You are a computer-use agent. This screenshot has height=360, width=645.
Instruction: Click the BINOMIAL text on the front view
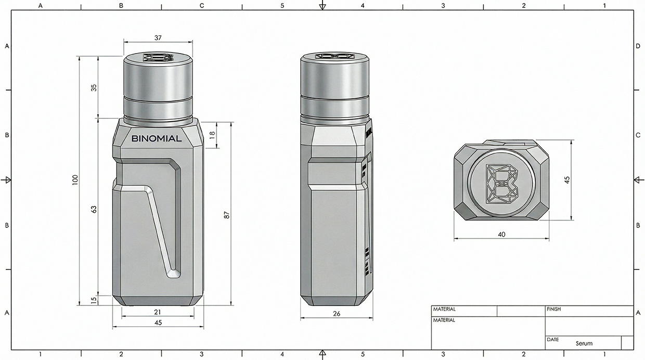tap(157, 139)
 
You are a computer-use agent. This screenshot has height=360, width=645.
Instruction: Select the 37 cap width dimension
tap(158, 37)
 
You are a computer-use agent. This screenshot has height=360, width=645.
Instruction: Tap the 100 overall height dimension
tap(75, 181)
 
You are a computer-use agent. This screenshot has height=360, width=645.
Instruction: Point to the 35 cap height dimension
tap(94, 87)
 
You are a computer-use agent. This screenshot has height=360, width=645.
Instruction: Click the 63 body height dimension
tap(94, 209)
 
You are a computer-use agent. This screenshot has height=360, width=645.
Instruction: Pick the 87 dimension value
tap(226, 214)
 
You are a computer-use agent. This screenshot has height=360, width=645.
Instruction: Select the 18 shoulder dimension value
tap(212, 135)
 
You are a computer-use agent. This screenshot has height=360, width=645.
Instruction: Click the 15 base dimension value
tap(94, 301)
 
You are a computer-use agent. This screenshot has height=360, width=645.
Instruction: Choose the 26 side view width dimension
tap(336, 313)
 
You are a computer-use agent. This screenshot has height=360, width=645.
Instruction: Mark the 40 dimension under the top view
tap(501, 234)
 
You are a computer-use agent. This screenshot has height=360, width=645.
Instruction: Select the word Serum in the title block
tap(584, 343)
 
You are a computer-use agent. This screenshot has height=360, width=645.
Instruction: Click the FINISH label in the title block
tap(553, 309)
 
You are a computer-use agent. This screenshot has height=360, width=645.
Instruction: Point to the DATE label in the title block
tap(552, 339)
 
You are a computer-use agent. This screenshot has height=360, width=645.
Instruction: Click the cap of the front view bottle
tap(158, 88)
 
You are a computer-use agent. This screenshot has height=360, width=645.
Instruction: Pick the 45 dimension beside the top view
tap(567, 179)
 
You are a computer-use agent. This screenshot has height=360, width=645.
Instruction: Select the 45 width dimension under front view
tap(158, 323)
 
